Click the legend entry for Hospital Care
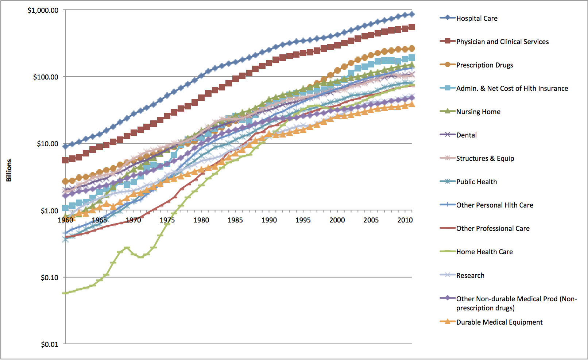(x=476, y=18)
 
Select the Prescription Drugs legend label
(x=484, y=65)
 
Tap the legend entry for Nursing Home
(x=478, y=112)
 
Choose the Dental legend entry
(x=466, y=135)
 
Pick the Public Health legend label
(x=476, y=182)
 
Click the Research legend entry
(x=470, y=275)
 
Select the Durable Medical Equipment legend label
(x=499, y=322)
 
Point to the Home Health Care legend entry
(x=484, y=252)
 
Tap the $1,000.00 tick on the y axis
(x=43, y=10)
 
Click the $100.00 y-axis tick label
(x=46, y=77)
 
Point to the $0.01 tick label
(x=49, y=344)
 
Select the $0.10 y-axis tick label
(x=49, y=278)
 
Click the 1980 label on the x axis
(x=201, y=220)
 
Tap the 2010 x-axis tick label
(x=405, y=220)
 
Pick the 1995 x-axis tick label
(x=303, y=220)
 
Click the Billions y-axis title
(x=9, y=170)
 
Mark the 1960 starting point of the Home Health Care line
(x=65, y=293)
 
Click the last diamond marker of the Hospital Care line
(x=412, y=14)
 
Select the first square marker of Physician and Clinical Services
(x=65, y=160)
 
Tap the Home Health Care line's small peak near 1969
(x=127, y=248)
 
